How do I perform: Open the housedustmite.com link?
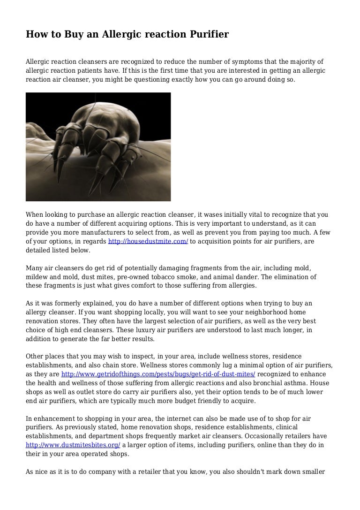point(148,241)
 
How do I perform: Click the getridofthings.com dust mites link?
point(158,374)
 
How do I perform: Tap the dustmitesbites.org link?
point(73,445)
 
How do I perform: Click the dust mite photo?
point(98,146)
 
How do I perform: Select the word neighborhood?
point(245,312)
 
